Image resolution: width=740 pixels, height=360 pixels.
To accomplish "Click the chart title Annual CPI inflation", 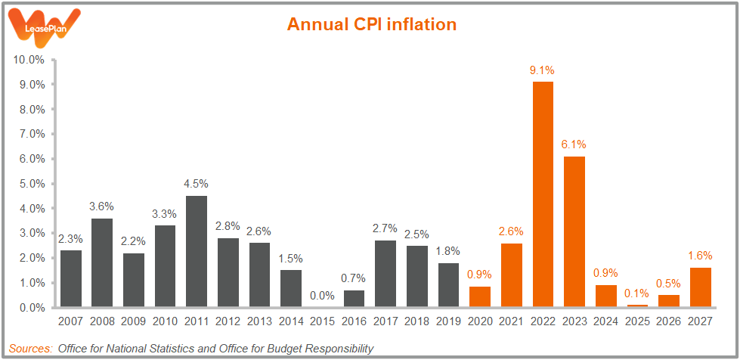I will coord(372,24).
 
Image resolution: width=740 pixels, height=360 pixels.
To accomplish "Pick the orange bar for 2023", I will coord(574,231).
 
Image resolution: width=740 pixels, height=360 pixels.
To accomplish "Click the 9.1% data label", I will coord(542,70).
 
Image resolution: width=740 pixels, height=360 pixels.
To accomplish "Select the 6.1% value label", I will coord(574,144).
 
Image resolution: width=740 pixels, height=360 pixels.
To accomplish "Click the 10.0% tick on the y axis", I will coord(29,60).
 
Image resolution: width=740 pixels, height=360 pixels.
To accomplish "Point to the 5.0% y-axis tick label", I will coord(31,184).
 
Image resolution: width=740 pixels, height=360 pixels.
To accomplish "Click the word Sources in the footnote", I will coord(31,349).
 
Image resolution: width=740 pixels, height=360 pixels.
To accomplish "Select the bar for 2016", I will coord(354,299).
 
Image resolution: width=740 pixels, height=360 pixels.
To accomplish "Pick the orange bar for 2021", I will coord(510,275).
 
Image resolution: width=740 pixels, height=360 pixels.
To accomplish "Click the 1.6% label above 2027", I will coord(699,256).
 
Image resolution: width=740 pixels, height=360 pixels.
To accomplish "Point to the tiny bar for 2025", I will coord(636,306).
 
